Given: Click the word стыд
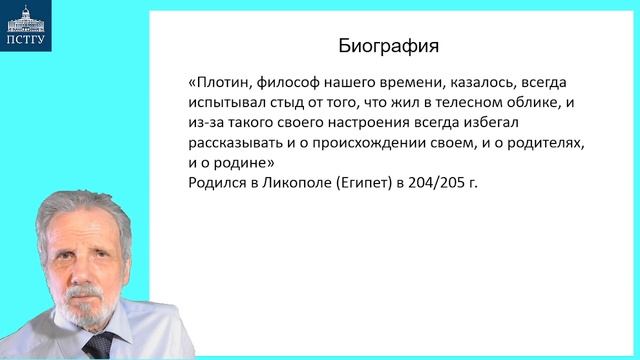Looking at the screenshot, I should [x=297, y=103].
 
